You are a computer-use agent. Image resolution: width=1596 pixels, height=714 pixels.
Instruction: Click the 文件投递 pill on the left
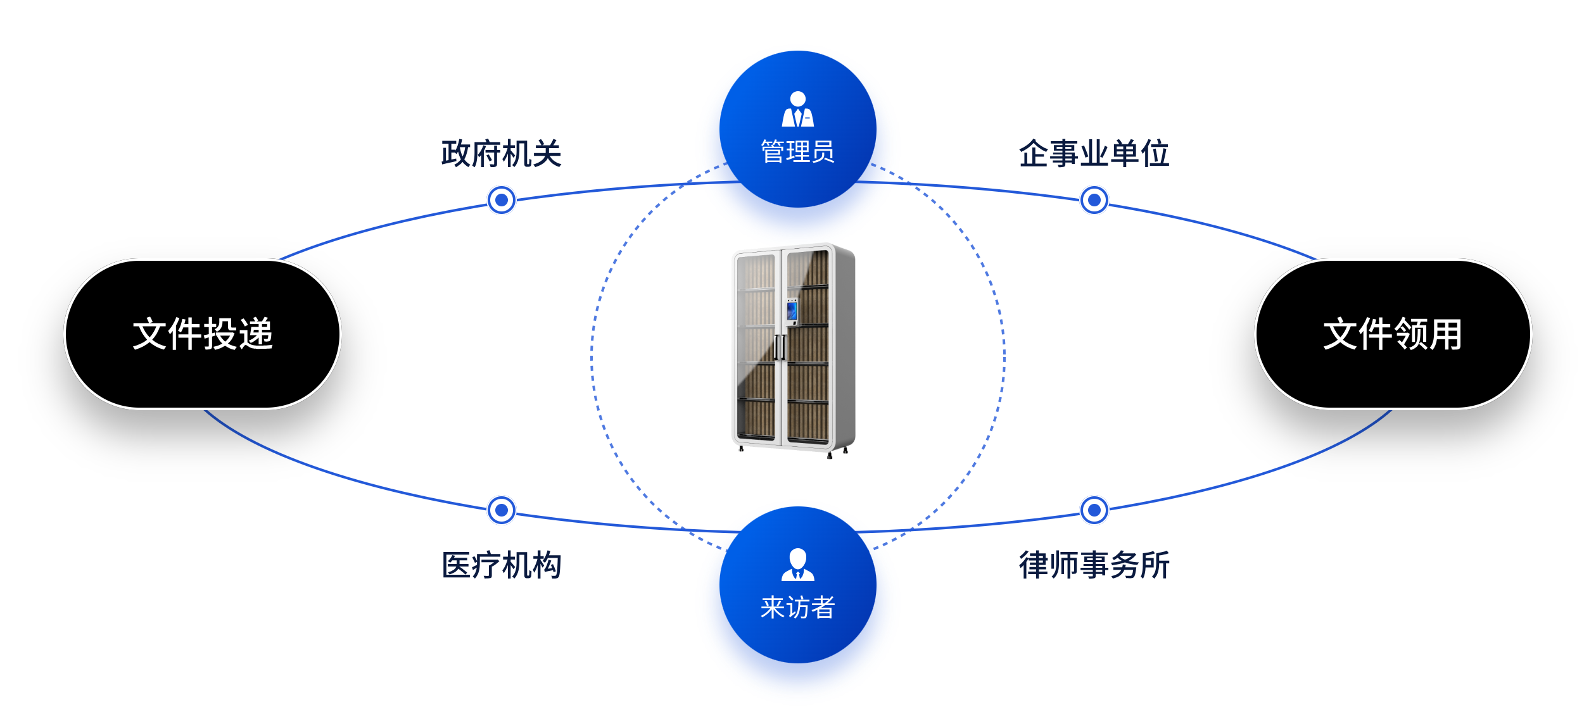[x=203, y=334]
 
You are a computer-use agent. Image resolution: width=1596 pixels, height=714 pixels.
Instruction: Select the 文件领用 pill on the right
[x=1393, y=334]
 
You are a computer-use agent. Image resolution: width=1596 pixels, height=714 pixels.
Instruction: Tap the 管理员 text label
[x=797, y=152]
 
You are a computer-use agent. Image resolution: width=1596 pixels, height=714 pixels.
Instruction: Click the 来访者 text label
[x=797, y=608]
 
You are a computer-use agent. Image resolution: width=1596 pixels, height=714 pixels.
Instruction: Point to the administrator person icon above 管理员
[x=797, y=110]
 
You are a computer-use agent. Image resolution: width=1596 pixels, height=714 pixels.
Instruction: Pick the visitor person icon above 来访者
[x=797, y=565]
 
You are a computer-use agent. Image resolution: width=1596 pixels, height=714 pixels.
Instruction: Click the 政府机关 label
[x=501, y=154]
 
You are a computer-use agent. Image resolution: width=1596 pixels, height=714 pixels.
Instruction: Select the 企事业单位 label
[x=1094, y=154]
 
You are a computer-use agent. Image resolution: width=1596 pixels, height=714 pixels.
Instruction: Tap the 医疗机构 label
[x=501, y=565]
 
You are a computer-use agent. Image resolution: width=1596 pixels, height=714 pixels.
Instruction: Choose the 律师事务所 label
[x=1094, y=565]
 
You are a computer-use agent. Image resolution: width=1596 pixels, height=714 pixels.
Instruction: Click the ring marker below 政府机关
[x=501, y=200]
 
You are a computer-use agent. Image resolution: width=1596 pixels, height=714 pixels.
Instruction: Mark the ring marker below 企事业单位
[x=1094, y=200]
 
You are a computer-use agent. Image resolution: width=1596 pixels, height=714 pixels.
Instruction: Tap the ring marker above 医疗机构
[x=501, y=510]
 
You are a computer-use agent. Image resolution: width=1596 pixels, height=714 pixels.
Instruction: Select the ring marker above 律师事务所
[x=1094, y=510]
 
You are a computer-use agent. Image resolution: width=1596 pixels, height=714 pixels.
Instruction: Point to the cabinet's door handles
[x=780, y=348]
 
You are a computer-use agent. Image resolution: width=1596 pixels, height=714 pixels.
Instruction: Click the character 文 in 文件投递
[x=149, y=334]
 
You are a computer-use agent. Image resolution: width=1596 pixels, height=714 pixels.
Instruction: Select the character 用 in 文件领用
[x=1445, y=334]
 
